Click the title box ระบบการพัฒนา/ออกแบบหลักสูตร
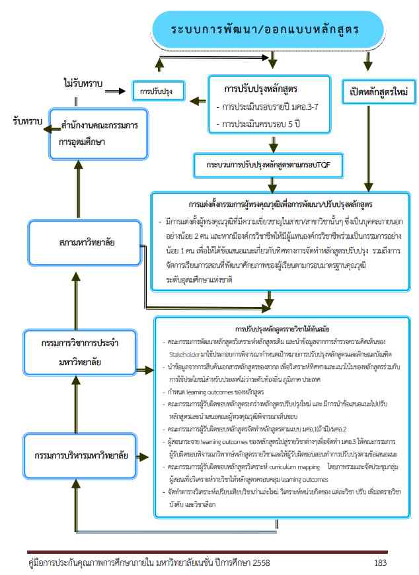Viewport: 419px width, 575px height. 266,30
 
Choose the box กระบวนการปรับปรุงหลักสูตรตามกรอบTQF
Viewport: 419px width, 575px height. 268,165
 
